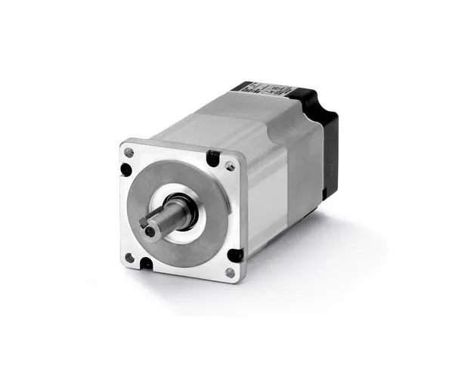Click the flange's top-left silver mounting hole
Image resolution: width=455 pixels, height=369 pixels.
[129, 153]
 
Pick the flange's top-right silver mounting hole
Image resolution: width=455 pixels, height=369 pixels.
[230, 166]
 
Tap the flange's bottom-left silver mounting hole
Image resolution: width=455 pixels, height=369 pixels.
[129, 258]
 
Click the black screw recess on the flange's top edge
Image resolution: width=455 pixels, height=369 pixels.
[215, 158]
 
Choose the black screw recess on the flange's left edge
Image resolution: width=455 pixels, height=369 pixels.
[125, 169]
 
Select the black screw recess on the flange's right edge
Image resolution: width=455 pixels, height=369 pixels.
[237, 256]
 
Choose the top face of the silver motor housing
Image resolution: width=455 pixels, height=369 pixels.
[227, 121]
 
